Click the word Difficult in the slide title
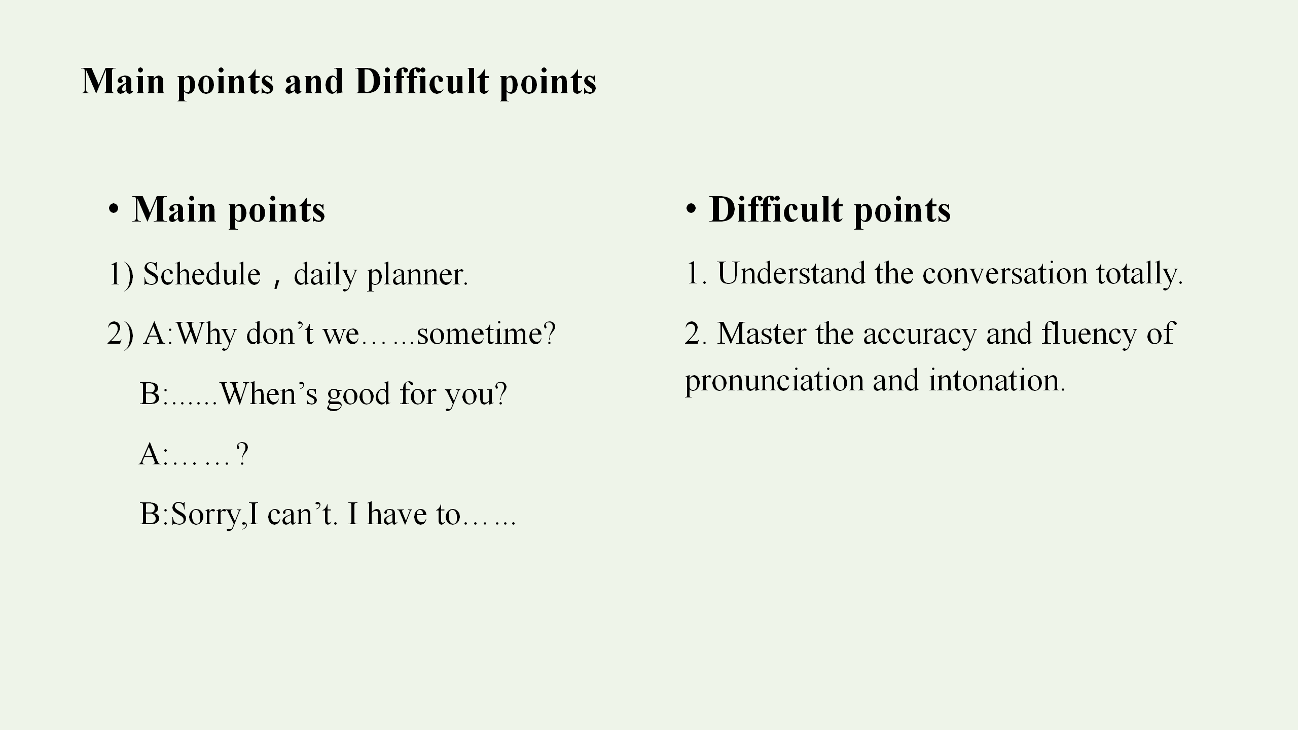click(x=422, y=81)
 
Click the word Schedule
click(x=202, y=274)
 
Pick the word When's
click(x=269, y=393)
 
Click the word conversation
click(x=1005, y=274)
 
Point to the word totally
click(x=1139, y=275)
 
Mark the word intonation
click(x=997, y=380)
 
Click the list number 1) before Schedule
click(x=121, y=274)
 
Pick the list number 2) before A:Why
click(x=121, y=335)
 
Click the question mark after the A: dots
click(x=242, y=454)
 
